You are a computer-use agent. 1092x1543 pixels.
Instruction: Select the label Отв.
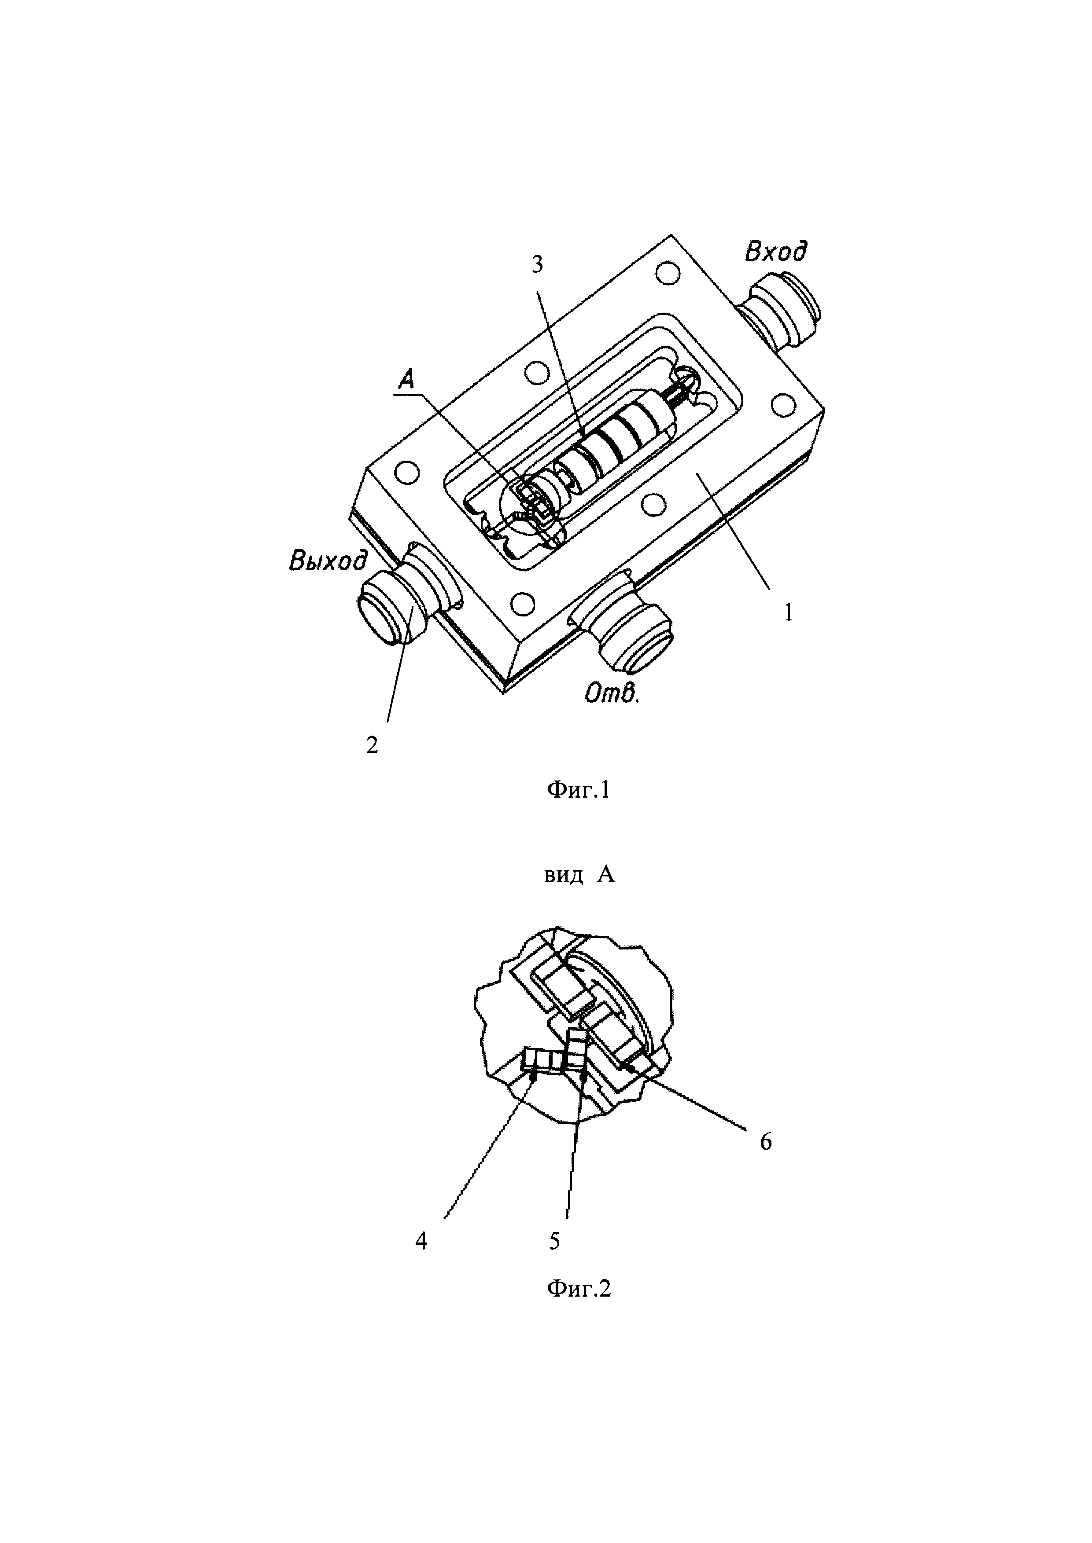(x=611, y=693)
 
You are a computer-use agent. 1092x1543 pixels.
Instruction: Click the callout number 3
(x=537, y=265)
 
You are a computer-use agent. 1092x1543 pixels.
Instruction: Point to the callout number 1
(x=789, y=612)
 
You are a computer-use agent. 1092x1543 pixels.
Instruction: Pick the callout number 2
(x=372, y=745)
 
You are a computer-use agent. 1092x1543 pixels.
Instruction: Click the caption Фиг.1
(x=578, y=790)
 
